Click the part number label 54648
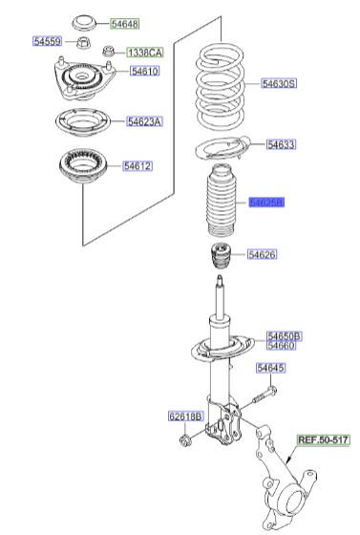click(124, 22)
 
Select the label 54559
click(48, 43)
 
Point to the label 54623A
click(145, 121)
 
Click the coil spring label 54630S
click(280, 84)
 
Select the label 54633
click(281, 145)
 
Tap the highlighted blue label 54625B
click(267, 203)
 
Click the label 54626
click(262, 254)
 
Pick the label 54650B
click(284, 335)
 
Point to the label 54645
click(270, 368)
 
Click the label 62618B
click(185, 417)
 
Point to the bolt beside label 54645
click(265, 392)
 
